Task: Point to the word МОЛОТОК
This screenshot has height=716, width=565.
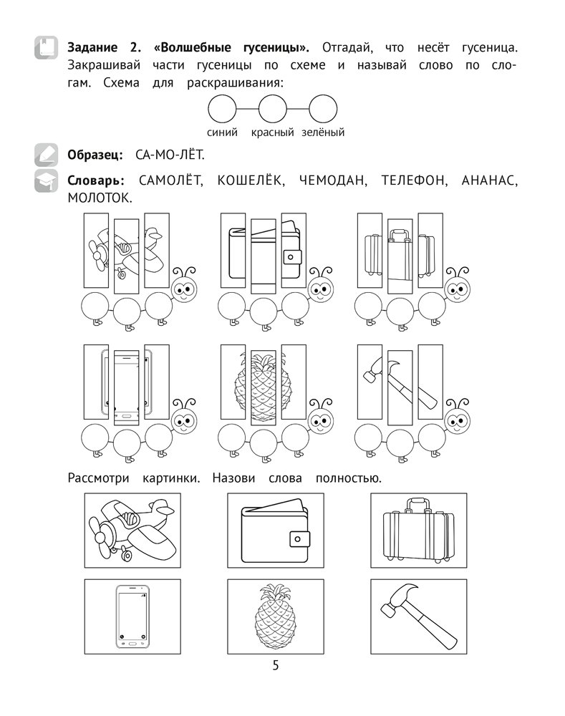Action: (x=100, y=197)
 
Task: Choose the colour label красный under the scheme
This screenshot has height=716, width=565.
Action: (x=273, y=132)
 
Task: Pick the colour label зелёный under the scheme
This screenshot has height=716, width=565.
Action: (x=323, y=132)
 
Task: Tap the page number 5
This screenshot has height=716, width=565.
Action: (x=276, y=667)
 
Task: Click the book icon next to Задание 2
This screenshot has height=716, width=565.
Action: (x=46, y=49)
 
